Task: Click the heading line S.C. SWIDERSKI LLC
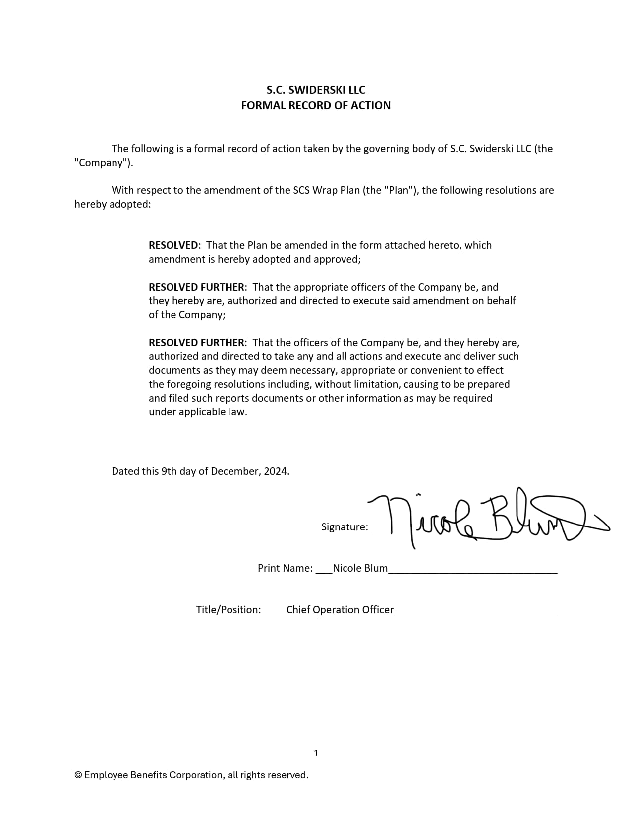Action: pyautogui.click(x=316, y=90)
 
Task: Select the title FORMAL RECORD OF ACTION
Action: pyautogui.click(x=316, y=105)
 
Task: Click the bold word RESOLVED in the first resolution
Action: pyautogui.click(x=173, y=245)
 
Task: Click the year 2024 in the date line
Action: pyautogui.click(x=276, y=471)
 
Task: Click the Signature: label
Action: pyautogui.click(x=345, y=527)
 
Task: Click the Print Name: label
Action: pyautogui.click(x=285, y=568)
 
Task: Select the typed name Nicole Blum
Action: pyautogui.click(x=360, y=568)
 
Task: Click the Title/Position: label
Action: pyautogui.click(x=229, y=610)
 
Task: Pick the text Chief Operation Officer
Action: pyautogui.click(x=340, y=610)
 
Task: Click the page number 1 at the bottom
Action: pyautogui.click(x=316, y=753)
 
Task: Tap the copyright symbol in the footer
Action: pyautogui.click(x=78, y=775)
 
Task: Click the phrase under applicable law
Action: pyautogui.click(x=198, y=412)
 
